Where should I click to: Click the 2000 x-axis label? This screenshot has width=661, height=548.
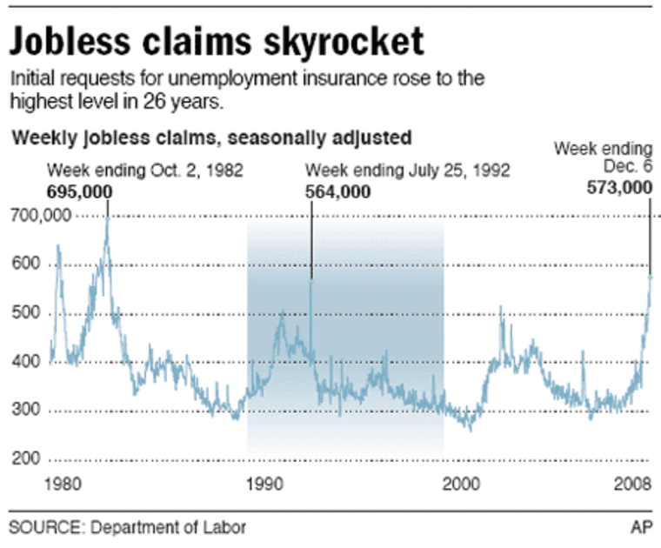pos(461,485)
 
